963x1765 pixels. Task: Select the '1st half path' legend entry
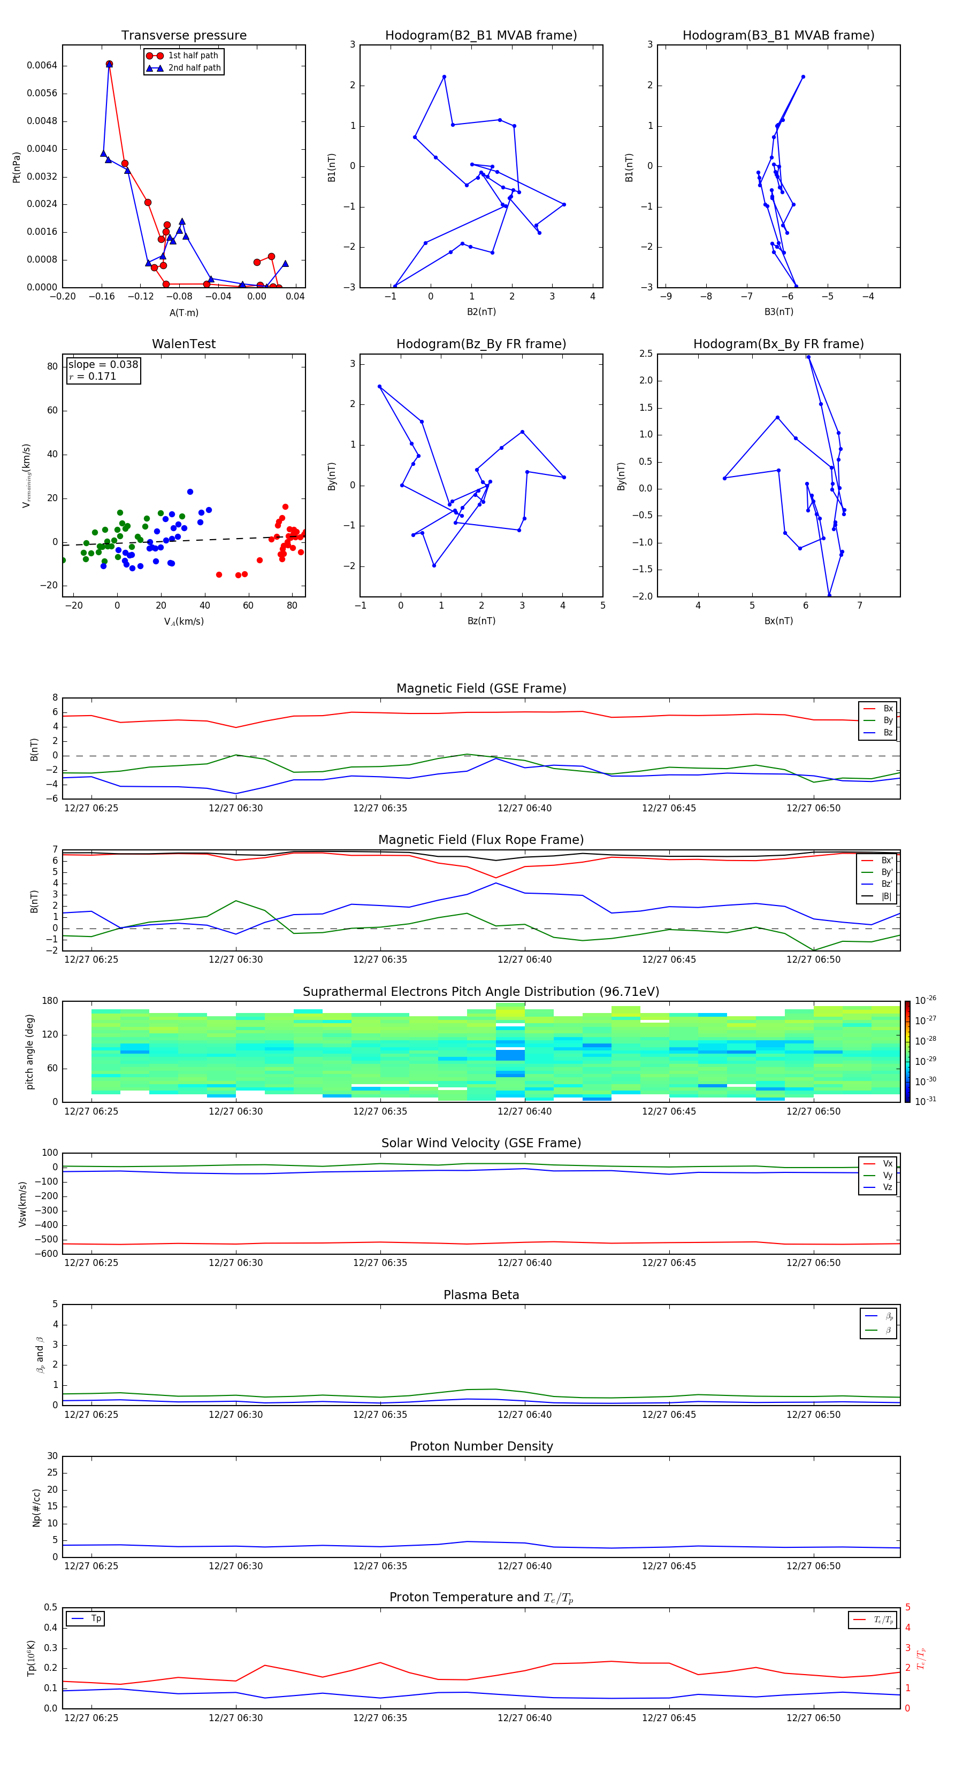[193, 56]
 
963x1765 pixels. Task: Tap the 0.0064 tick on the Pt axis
[42, 66]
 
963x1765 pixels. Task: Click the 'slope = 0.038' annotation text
[103, 365]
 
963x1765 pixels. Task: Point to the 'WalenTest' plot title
[184, 344]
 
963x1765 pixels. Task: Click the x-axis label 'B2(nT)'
[481, 312]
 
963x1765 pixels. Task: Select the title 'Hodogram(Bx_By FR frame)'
[778, 344]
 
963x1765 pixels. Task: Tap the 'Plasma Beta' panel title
[481, 1295]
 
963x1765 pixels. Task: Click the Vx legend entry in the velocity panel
[887, 1163]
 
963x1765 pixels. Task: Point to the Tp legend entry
[95, 1618]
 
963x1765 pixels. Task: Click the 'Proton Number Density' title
[481, 1446]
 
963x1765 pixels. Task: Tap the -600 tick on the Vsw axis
[46, 1254]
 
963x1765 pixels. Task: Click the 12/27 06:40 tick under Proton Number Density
[524, 1566]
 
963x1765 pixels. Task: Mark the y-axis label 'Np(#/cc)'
[36, 1507]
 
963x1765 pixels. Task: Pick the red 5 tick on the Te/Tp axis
[907, 1607]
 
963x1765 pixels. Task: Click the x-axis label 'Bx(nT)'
[778, 621]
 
